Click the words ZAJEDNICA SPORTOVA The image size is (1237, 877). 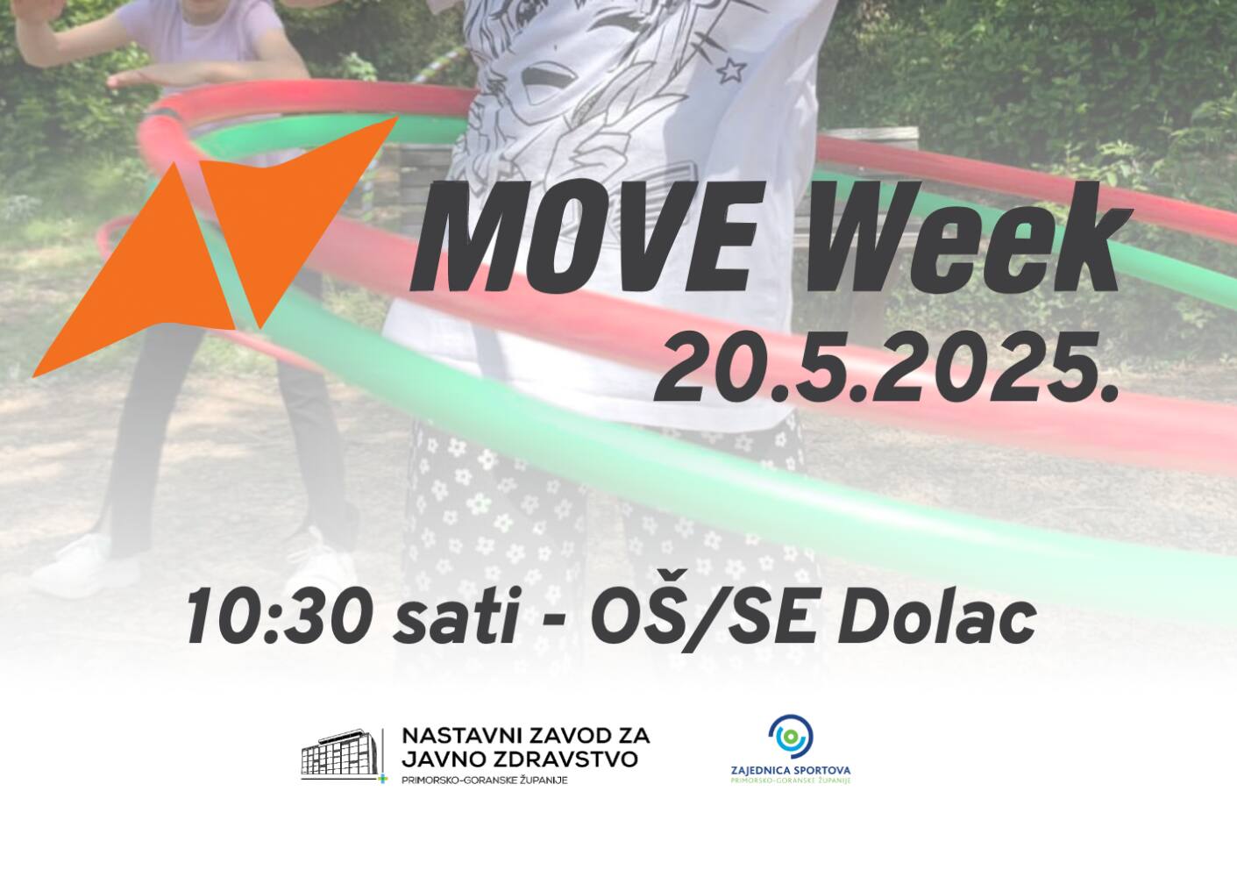pyautogui.click(x=791, y=770)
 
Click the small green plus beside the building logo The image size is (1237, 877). pyautogui.click(x=381, y=780)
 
